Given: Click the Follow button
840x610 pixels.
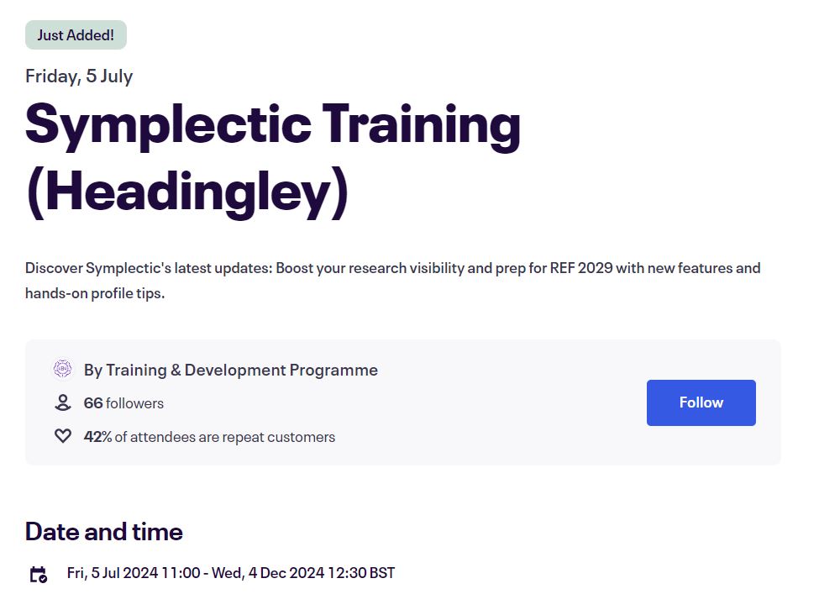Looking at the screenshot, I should [x=701, y=402].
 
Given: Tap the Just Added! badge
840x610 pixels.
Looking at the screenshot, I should [x=76, y=35].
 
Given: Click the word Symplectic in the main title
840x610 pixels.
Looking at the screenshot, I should [x=168, y=124].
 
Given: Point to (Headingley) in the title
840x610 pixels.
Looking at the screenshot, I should [x=186, y=193].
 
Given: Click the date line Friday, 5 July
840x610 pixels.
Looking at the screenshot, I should [x=79, y=76].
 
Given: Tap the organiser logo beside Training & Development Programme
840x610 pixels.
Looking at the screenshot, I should [x=63, y=370].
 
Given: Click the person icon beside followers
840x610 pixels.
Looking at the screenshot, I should [x=63, y=403].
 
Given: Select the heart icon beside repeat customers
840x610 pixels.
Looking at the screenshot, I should [x=63, y=437].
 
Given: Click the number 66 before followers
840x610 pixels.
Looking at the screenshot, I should [x=93, y=403].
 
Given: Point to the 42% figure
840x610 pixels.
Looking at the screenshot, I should [x=97, y=437].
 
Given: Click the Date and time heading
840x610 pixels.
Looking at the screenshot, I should [x=104, y=532].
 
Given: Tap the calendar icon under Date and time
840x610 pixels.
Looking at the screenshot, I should [x=39, y=575].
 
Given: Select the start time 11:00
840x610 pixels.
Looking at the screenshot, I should [x=182, y=573].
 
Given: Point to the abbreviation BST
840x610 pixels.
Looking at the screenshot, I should [x=381, y=573].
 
